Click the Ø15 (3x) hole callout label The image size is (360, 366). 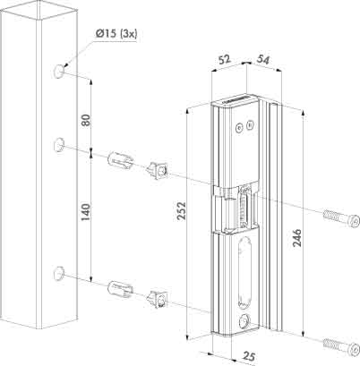click(116, 33)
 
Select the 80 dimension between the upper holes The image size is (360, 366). click(86, 120)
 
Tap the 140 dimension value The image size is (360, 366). click(86, 212)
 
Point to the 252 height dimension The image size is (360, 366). click(181, 210)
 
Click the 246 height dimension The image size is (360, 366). click(296, 238)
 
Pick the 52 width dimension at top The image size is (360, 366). click(225, 59)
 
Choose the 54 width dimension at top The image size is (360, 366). click(262, 60)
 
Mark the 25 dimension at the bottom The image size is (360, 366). click(248, 356)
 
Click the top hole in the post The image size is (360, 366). click(59, 72)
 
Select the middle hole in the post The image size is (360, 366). click(59, 145)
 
